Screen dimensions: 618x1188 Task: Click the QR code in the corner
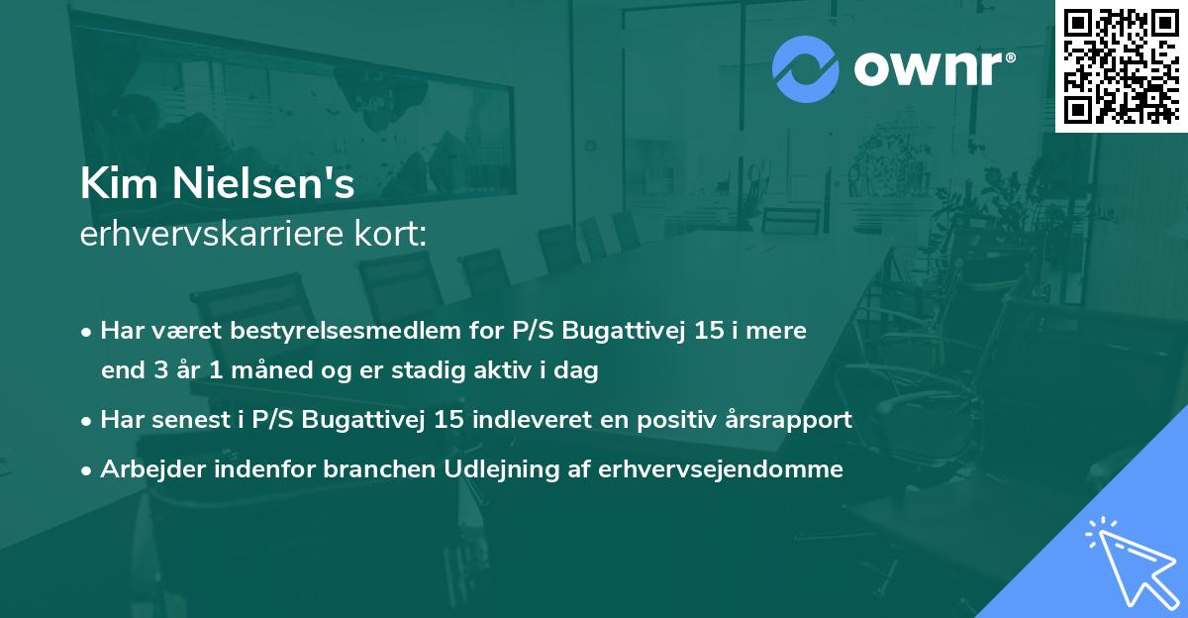click(1121, 65)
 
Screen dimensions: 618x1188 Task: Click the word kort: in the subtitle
click(393, 235)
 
